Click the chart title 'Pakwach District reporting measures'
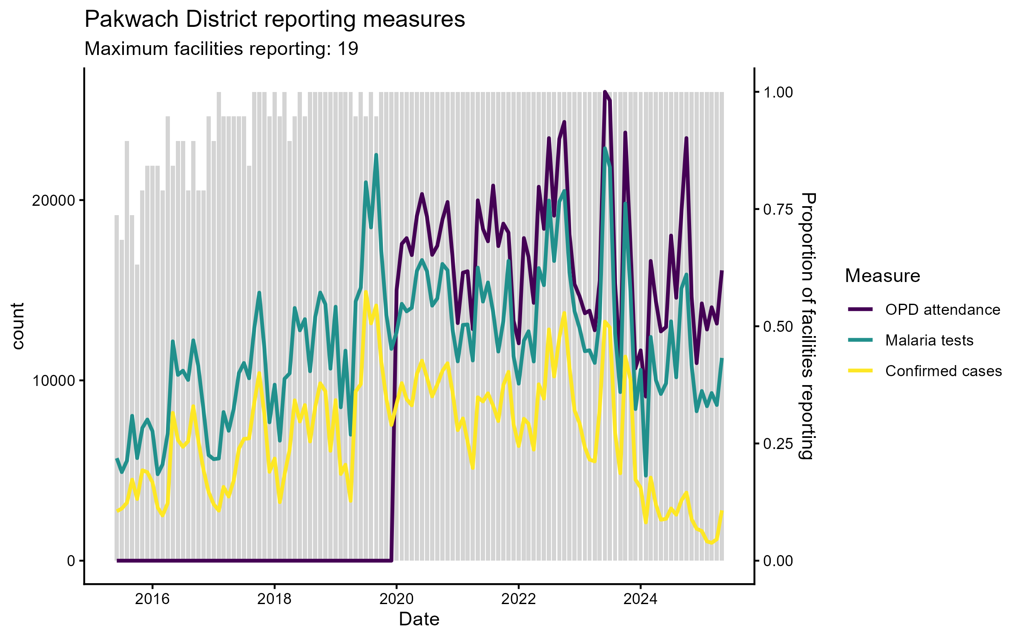click(x=275, y=20)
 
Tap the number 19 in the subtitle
click(x=348, y=49)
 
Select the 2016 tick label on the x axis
click(x=152, y=599)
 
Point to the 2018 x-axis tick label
click(x=274, y=599)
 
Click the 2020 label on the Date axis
click(x=396, y=599)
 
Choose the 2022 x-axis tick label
click(x=518, y=599)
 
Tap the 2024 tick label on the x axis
click(x=640, y=599)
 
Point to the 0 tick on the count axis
click(x=71, y=561)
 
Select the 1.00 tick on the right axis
click(x=778, y=92)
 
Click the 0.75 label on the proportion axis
click(x=778, y=209)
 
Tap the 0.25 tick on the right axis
click(x=778, y=444)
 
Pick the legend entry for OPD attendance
click(x=942, y=310)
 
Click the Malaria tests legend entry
click(x=929, y=340)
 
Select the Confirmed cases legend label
click(x=943, y=371)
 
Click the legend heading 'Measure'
click(x=882, y=276)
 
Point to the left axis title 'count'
click(x=18, y=326)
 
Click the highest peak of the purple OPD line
click(x=605, y=92)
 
